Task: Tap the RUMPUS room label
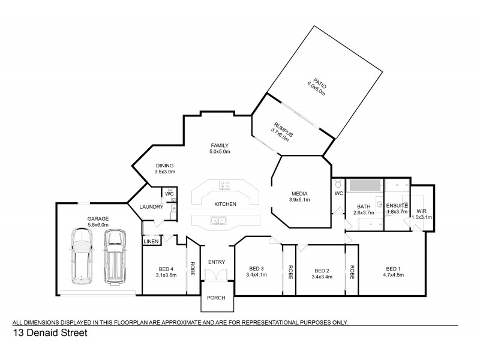coord(280,124)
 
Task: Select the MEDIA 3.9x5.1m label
coord(300,196)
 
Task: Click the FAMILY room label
coord(220,148)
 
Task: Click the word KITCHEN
coord(225,204)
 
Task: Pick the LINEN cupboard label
coord(151,241)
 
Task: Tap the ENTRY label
coord(216,262)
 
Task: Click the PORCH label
coord(215,298)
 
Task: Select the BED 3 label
coord(256,271)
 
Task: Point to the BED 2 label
coord(322,272)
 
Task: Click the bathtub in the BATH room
coord(365,185)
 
